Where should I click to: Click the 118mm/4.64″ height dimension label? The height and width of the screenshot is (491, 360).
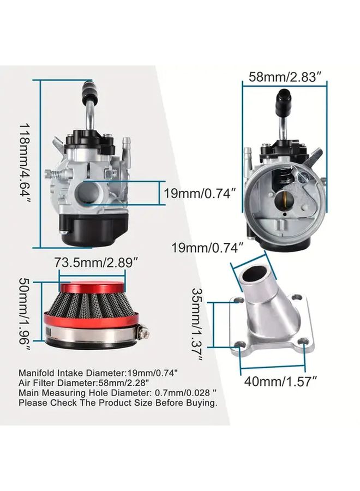point(25,162)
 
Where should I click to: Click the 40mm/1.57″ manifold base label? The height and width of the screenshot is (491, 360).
point(280,381)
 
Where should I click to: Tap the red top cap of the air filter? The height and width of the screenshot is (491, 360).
point(92,287)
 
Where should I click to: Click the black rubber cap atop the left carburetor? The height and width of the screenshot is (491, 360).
point(89,90)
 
